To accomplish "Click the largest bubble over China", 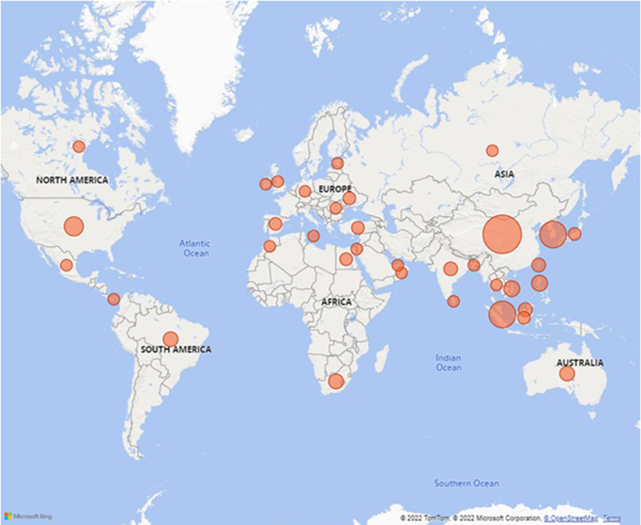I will tap(501, 235).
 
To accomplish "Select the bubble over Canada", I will tap(79, 147).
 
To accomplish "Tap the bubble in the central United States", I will tap(73, 226).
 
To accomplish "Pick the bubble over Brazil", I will tap(170, 338).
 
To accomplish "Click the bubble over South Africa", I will tap(335, 381).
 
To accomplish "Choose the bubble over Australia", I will tap(567, 374).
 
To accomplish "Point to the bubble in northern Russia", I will tap(492, 150).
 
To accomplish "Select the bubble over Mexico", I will tap(66, 265).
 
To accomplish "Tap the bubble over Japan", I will tap(574, 234).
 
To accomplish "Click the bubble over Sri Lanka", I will tap(453, 301).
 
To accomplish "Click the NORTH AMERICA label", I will tap(72, 179).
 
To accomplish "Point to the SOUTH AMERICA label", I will tap(176, 349).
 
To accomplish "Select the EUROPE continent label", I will tap(334, 189).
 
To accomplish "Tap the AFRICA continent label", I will tap(336, 302).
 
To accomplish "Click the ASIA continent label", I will tap(505, 174).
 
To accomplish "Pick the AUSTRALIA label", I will tap(580, 363).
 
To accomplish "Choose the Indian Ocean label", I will tap(449, 363).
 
